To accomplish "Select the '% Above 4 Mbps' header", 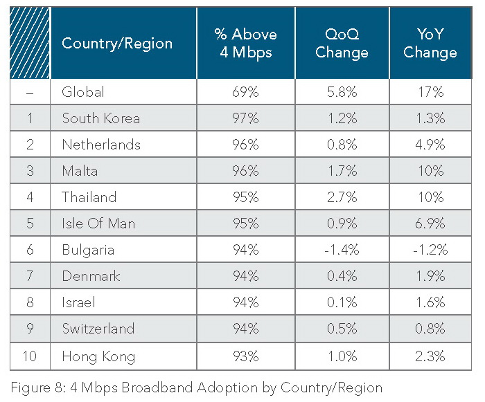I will tap(245, 43).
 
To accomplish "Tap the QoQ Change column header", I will tap(342, 43).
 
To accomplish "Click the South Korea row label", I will tap(100, 118).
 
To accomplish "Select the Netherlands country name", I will tap(101, 145).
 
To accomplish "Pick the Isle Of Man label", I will tap(98, 223).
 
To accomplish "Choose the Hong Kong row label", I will tap(98, 356).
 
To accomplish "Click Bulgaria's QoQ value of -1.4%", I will tap(342, 250).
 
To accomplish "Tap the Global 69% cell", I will tap(245, 92).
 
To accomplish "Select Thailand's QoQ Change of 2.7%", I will tap(342, 197).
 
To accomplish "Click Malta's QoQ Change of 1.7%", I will tap(342, 171).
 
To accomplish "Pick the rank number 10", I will tap(30, 356).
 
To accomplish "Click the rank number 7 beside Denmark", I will tap(30, 277).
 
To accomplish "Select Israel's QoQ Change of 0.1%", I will tap(342, 303).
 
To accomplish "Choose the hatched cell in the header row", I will tap(30, 43).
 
